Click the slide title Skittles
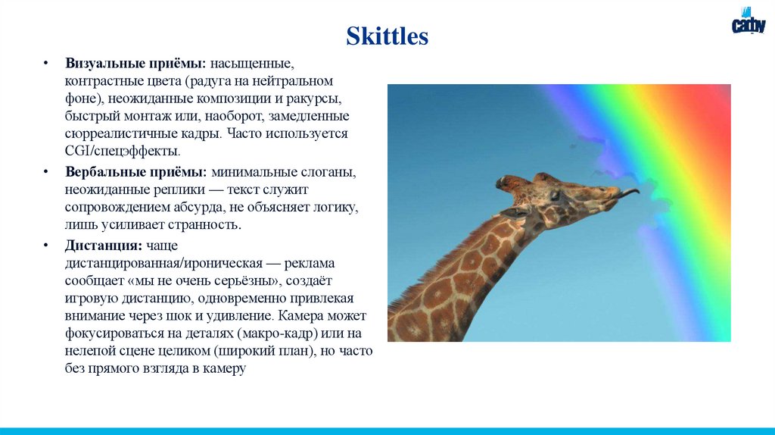point(387,36)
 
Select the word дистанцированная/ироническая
point(163,263)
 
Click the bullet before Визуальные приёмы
point(46,62)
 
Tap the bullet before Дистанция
point(46,246)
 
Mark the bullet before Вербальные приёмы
point(46,173)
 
